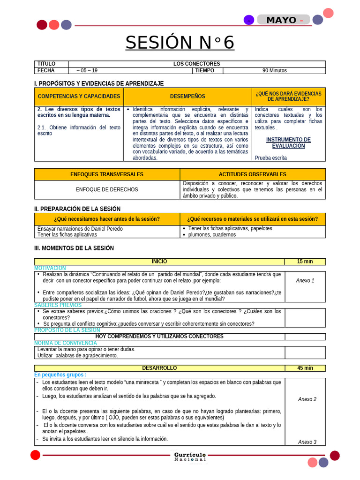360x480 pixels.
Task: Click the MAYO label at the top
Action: (x=281, y=20)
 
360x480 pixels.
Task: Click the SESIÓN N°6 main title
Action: (x=180, y=43)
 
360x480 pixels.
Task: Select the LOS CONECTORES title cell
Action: (x=196, y=64)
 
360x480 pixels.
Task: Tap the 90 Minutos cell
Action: (x=274, y=70)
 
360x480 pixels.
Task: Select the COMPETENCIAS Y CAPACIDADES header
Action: (x=79, y=96)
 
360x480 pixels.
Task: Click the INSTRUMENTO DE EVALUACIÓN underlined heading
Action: (x=288, y=142)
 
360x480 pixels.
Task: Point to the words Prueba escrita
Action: (x=271, y=157)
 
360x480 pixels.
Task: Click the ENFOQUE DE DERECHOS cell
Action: (x=107, y=189)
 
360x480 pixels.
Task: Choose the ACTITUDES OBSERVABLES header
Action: (x=252, y=174)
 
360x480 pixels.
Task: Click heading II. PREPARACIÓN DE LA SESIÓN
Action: (x=77, y=209)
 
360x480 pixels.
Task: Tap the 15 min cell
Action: (x=305, y=262)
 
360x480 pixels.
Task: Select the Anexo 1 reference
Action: (x=305, y=280)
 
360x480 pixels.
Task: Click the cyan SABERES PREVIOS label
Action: (x=58, y=305)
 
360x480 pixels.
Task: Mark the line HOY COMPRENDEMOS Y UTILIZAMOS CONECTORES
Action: (x=159, y=336)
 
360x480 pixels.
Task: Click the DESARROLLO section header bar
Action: (x=159, y=368)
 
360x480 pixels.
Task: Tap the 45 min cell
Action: (x=305, y=368)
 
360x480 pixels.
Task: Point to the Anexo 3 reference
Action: (x=307, y=442)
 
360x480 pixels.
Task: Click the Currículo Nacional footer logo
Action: (x=190, y=457)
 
